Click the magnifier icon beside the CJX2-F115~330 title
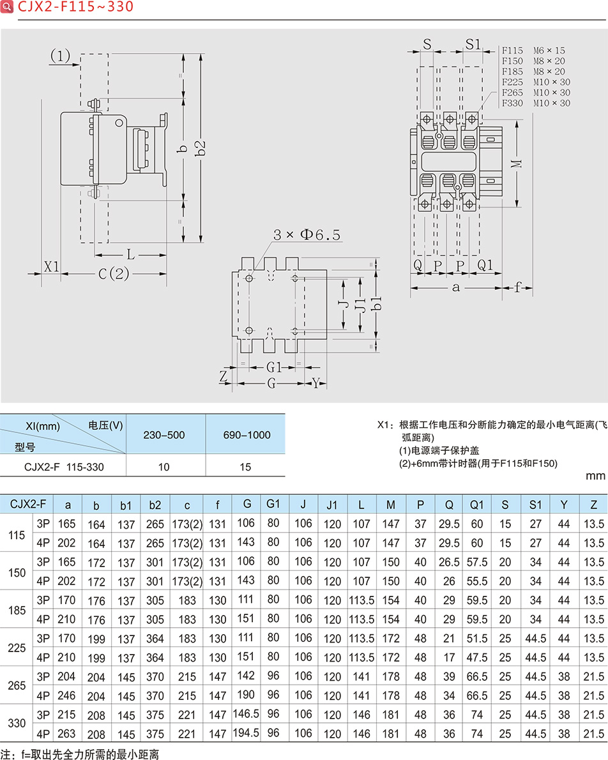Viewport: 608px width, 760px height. click(7, 7)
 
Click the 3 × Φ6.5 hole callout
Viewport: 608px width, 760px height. click(307, 235)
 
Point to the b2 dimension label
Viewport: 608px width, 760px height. click(201, 148)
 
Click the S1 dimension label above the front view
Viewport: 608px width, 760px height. click(473, 44)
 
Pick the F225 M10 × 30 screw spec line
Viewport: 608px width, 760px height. click(536, 82)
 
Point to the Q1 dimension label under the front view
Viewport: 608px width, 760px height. click(485, 264)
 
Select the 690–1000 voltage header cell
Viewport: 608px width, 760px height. click(246, 435)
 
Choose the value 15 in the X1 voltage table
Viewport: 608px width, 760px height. click(246, 467)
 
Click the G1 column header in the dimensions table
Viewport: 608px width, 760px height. click(273, 504)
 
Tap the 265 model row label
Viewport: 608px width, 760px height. click(18, 685)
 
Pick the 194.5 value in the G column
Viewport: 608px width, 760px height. click(247, 733)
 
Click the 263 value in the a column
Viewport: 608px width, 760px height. click(66, 734)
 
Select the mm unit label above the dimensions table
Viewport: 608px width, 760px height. click(595, 476)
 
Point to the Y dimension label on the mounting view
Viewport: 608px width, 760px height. click(316, 383)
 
